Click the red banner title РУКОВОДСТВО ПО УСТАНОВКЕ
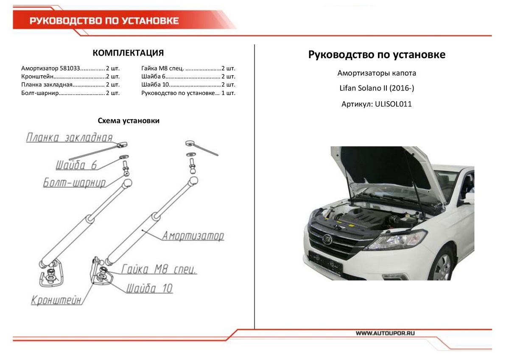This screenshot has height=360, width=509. click(x=104, y=21)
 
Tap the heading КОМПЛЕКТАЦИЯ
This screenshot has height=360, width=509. click(x=128, y=53)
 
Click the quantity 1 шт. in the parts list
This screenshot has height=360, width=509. click(x=228, y=93)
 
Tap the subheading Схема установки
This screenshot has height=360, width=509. click(x=129, y=121)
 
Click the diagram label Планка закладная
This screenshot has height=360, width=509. click(x=69, y=138)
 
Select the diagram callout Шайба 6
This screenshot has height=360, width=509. click(x=77, y=165)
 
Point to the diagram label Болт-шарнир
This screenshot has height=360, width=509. click(x=74, y=183)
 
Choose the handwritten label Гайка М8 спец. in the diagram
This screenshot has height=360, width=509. click(x=159, y=270)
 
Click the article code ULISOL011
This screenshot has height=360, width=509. click(x=393, y=104)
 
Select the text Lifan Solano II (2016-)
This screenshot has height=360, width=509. click(x=377, y=88)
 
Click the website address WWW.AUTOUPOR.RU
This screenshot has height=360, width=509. click(x=384, y=333)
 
